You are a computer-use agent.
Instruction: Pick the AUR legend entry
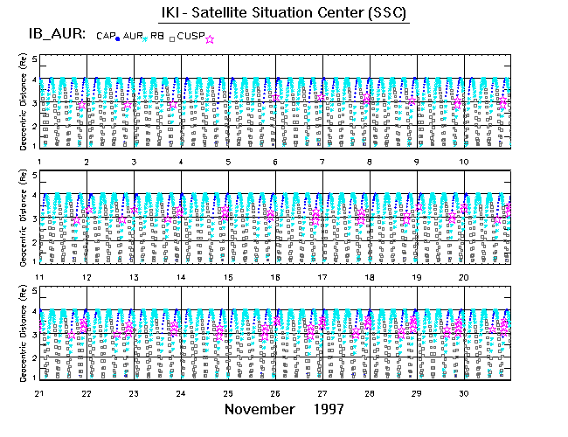tap(133, 36)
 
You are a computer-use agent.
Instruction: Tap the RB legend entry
tap(157, 36)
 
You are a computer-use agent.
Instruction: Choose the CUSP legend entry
tap(190, 36)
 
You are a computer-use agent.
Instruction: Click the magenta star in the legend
tap(209, 38)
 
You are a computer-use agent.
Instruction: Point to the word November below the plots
tap(259, 409)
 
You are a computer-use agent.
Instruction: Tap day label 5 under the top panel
tap(227, 163)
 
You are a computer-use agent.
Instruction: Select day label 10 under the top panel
tap(465, 163)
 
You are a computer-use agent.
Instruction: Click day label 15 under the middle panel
tap(227, 277)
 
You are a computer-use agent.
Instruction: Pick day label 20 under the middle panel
tap(465, 277)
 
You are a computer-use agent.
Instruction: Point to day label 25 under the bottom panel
tap(227, 392)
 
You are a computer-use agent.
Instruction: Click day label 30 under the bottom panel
tap(465, 392)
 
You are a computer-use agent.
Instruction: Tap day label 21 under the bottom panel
tap(38, 392)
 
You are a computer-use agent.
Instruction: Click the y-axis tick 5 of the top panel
tap(35, 59)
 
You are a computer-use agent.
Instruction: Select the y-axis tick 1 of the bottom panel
tap(35, 378)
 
